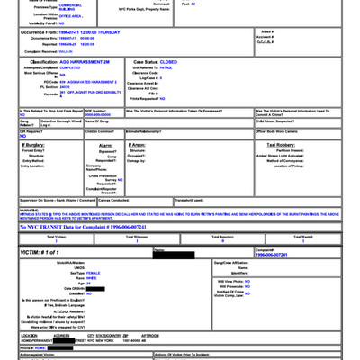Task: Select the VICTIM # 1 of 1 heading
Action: (46, 255)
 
